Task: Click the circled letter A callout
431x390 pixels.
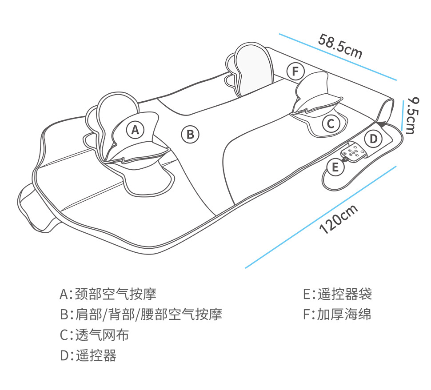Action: [136, 130]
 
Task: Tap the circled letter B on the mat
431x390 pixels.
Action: [190, 134]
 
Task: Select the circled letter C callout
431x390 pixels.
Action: [331, 124]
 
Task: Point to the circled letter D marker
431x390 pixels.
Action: [373, 139]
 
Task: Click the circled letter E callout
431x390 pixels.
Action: [335, 167]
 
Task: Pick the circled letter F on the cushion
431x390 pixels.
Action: [295, 71]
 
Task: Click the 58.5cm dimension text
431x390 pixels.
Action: [340, 46]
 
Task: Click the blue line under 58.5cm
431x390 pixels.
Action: [338, 56]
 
